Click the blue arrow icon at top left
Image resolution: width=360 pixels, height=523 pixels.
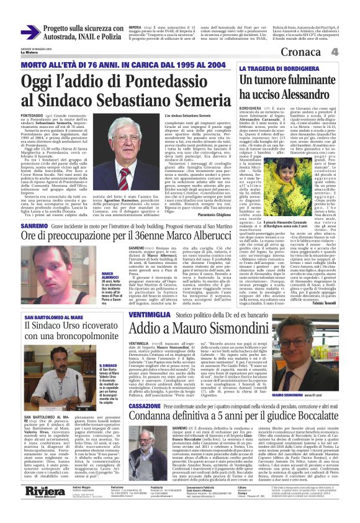pyautogui.click(x=30, y=32)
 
